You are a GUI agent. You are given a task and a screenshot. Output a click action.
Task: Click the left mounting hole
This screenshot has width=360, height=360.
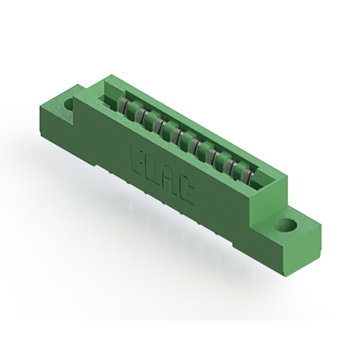pyautogui.click(x=70, y=105)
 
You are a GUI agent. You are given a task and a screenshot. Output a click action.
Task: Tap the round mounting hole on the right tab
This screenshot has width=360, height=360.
pyautogui.click(x=288, y=226)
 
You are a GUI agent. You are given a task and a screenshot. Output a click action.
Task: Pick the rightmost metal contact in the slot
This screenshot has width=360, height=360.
pyautogui.click(x=249, y=177)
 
